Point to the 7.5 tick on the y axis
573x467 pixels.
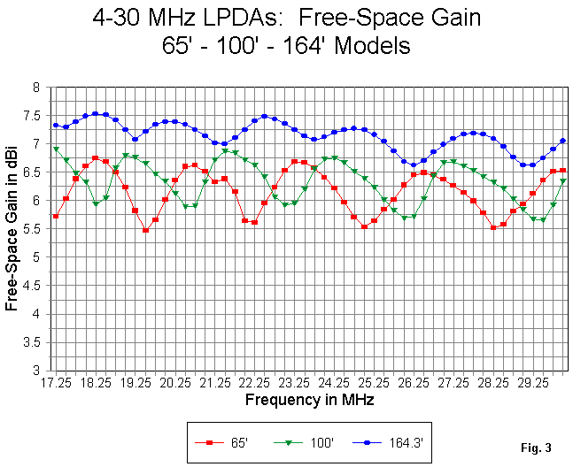(x=35, y=116)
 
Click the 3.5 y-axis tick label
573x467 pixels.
(x=35, y=342)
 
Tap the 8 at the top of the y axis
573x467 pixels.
(x=38, y=88)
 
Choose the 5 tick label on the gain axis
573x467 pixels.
(x=38, y=257)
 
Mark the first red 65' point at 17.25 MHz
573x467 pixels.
(x=56, y=216)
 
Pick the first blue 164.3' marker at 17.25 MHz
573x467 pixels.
(x=56, y=125)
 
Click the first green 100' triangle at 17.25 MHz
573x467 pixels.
(x=56, y=149)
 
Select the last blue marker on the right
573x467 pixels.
(x=562, y=141)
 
